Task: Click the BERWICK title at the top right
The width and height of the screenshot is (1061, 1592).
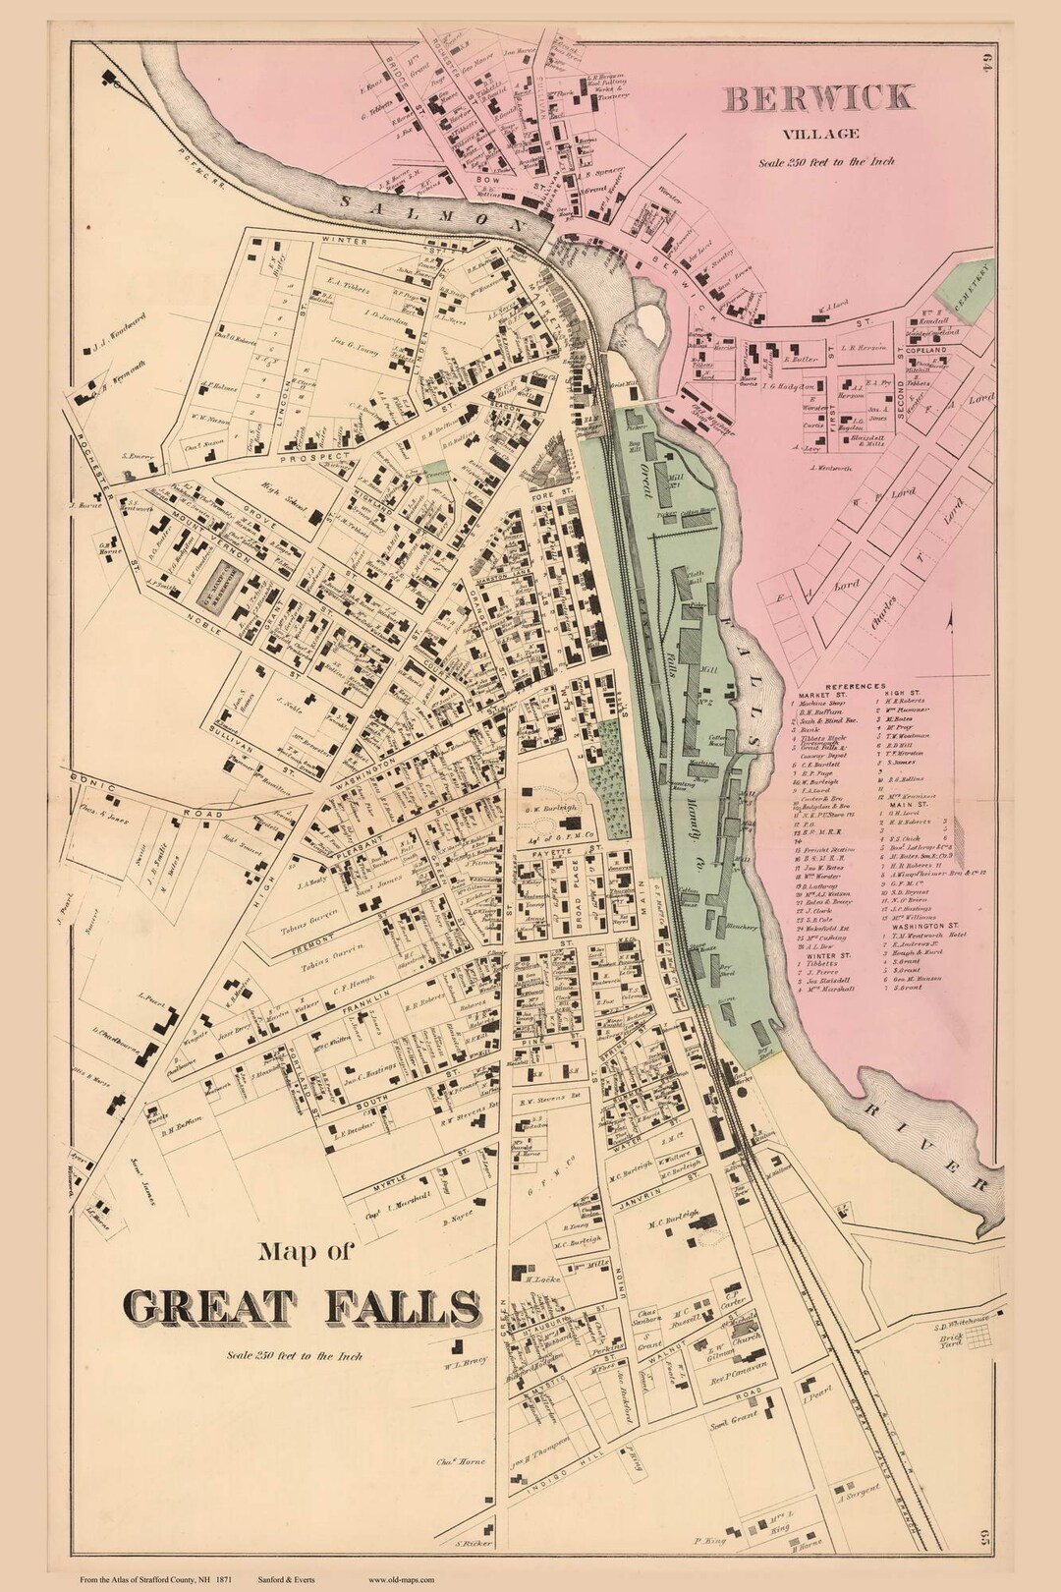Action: (x=819, y=98)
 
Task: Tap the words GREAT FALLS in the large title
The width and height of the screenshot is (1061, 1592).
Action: (x=303, y=1306)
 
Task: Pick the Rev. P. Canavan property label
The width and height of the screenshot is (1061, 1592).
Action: (x=729, y=1383)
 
